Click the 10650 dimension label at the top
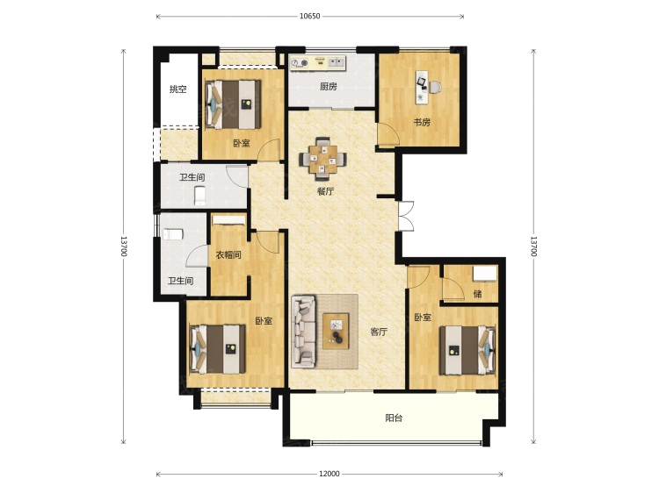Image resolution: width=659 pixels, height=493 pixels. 310,17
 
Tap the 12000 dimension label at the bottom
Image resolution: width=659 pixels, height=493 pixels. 329,474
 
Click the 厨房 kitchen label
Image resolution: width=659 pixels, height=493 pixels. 329,87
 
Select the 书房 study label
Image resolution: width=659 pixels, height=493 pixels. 422,122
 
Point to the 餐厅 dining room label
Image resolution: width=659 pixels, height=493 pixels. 325,191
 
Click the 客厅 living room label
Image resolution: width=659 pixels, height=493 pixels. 378,332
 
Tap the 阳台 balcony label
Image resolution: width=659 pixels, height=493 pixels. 394,418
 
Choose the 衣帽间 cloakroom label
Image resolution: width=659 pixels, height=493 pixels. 228,254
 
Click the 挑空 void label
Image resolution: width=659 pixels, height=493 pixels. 177,89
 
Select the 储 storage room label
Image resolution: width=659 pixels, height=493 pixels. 477,294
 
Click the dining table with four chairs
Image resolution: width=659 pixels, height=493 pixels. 322,159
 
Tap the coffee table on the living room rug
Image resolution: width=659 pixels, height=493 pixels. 336,331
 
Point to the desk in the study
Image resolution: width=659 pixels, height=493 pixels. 422,87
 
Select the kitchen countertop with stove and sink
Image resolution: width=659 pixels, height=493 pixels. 318,62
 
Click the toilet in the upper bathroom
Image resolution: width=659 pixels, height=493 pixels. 200,196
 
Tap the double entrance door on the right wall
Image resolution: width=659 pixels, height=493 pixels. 407,216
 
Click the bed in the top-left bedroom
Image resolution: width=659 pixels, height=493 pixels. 233,104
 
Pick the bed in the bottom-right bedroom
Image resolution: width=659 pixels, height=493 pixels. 467,350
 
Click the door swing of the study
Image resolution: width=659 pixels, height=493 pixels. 387,134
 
